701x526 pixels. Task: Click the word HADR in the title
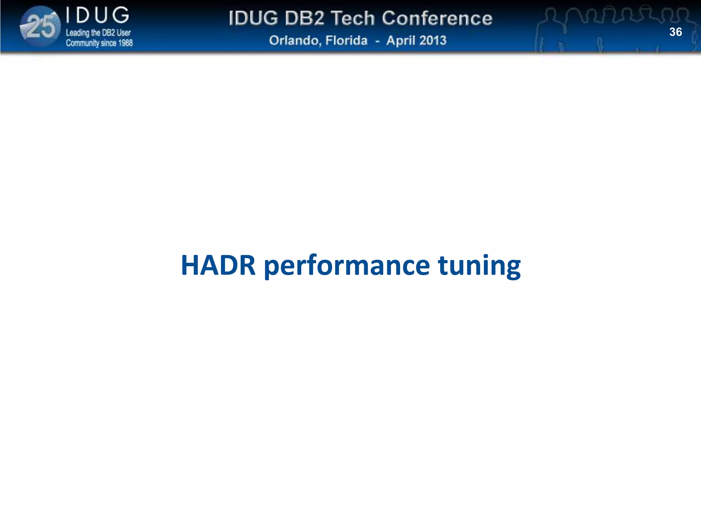[218, 265]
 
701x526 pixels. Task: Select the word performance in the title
[347, 266]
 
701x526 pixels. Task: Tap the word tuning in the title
[479, 266]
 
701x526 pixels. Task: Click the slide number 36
[675, 32]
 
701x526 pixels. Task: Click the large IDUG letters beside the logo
[98, 16]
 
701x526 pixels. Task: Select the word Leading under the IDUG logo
[77, 33]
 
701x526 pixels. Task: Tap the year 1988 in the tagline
[124, 43]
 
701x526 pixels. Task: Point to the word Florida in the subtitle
[346, 40]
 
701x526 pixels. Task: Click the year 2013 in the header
[433, 40]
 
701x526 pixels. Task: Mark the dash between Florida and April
[377, 41]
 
